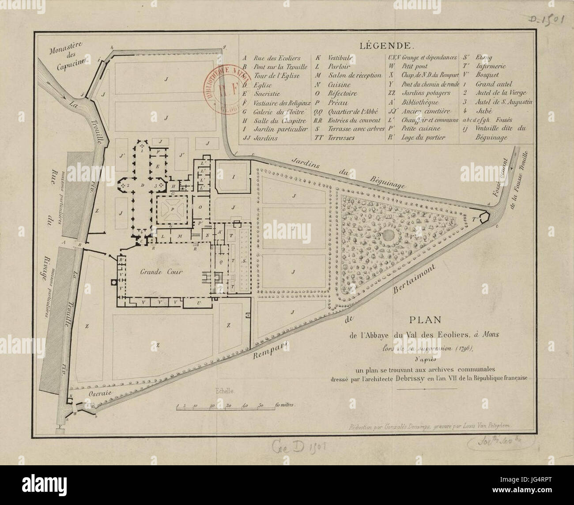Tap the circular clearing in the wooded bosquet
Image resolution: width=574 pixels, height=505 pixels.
point(389,234)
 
